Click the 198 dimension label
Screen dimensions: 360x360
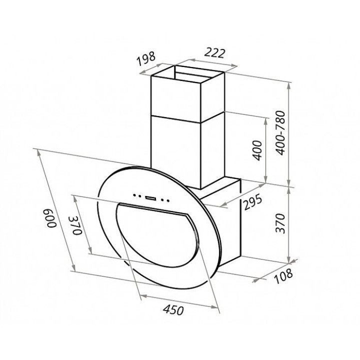(x=146, y=58)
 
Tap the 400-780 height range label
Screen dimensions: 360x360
(x=280, y=132)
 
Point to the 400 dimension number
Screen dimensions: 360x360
(x=257, y=150)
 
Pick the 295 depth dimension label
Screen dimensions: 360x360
(x=252, y=202)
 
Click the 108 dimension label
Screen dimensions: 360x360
(x=283, y=275)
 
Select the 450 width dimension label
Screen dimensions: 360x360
(x=173, y=310)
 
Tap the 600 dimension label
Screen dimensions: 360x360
(x=52, y=218)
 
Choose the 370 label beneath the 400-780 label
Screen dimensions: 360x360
(x=280, y=223)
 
